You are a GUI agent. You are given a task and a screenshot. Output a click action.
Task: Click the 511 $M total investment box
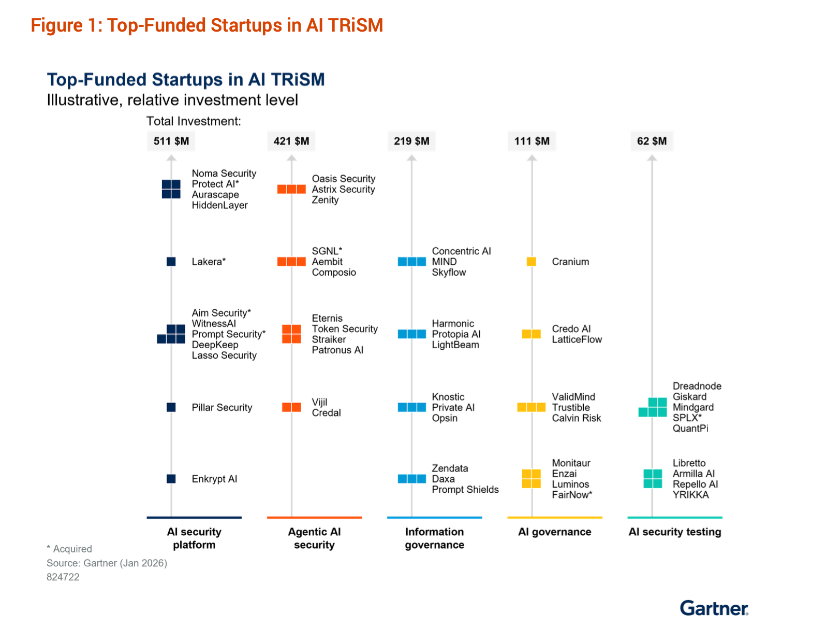pyautogui.click(x=171, y=141)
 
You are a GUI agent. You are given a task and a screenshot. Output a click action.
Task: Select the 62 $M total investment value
pyautogui.click(x=652, y=141)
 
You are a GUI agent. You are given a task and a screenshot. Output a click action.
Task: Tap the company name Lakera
pyautogui.click(x=208, y=262)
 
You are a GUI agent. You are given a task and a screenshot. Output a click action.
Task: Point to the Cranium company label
pyautogui.click(x=570, y=262)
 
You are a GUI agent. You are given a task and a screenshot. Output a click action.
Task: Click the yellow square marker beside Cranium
pyautogui.click(x=531, y=262)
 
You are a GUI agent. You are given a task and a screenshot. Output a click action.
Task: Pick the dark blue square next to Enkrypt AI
pyautogui.click(x=171, y=479)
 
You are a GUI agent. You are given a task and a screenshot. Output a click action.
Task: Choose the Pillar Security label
pyautogui.click(x=222, y=407)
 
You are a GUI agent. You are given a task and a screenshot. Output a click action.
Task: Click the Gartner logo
pyautogui.click(x=714, y=608)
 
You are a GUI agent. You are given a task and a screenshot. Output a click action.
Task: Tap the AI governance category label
pyautogui.click(x=554, y=532)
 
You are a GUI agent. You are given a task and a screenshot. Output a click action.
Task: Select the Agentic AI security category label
pyautogui.click(x=314, y=538)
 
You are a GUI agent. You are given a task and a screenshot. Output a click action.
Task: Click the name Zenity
pyautogui.click(x=325, y=200)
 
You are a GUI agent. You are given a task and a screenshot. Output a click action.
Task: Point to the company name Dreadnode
pyautogui.click(x=697, y=386)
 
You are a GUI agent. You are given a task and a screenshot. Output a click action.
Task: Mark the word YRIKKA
pyautogui.click(x=690, y=495)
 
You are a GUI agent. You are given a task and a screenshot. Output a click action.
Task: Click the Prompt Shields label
pyautogui.click(x=465, y=490)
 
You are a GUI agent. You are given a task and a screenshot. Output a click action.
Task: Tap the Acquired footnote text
pyautogui.click(x=69, y=549)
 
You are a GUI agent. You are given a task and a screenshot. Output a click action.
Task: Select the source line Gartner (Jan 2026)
pyautogui.click(x=107, y=563)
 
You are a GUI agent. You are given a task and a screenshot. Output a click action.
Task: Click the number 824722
pyautogui.click(x=63, y=577)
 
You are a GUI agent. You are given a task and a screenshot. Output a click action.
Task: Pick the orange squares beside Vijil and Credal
pyautogui.click(x=291, y=407)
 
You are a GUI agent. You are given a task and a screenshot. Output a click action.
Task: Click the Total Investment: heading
pyautogui.click(x=194, y=121)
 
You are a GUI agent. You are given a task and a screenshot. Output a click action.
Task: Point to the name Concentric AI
pyautogui.click(x=461, y=251)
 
